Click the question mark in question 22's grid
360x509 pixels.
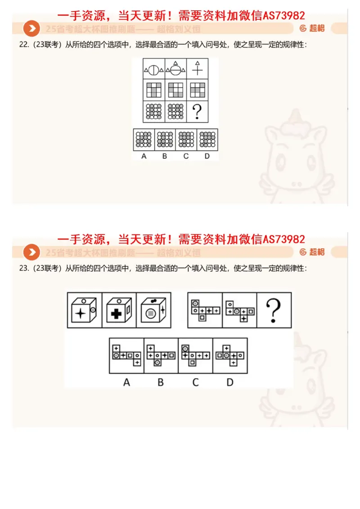196,112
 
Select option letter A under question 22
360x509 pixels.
144,156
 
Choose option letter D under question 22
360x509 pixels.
207,156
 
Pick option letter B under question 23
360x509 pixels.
161,383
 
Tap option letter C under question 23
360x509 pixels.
195,383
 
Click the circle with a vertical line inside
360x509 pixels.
154,70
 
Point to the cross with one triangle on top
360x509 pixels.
197,69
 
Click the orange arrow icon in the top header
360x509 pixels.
31,29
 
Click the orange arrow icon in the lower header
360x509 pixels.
31,252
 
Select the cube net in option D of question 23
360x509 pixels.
229,356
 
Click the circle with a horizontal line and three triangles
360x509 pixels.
175,69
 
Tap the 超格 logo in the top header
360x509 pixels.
312,28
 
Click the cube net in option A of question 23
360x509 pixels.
126,356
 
